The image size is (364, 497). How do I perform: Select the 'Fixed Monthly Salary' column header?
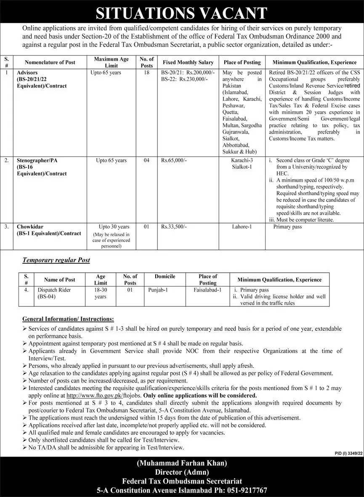(188, 62)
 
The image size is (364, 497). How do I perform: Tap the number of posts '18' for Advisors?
(146, 73)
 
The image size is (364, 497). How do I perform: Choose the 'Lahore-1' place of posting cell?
(242, 227)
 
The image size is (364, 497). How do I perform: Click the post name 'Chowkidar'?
(30, 227)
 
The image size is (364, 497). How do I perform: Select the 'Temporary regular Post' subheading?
(56, 260)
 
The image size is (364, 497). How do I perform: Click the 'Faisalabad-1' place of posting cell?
(208, 290)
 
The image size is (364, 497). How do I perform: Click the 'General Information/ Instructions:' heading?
(68, 319)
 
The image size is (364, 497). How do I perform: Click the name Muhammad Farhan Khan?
(182, 463)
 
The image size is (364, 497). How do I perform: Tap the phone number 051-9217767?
(243, 490)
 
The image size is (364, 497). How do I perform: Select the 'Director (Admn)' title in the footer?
(182, 472)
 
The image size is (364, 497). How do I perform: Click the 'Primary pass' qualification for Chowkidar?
(287, 227)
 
